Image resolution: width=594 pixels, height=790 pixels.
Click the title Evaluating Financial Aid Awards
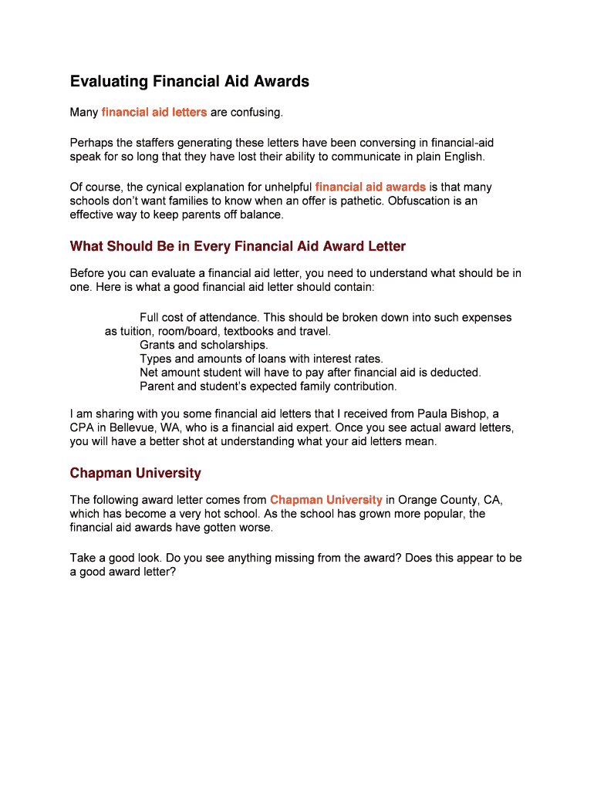(189, 81)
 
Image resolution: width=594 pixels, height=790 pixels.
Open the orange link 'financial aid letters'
(154, 113)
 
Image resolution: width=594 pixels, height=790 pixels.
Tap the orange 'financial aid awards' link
(370, 187)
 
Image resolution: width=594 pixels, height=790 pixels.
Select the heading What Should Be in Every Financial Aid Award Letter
(238, 246)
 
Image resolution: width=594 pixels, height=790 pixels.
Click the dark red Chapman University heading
(135, 473)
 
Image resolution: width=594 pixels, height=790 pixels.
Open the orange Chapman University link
(326, 499)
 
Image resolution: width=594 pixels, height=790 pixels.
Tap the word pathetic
(360, 201)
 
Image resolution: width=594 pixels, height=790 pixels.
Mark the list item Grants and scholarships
(204, 345)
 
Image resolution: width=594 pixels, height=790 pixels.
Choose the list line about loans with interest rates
(261, 359)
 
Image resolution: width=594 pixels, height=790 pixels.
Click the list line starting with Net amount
(310, 372)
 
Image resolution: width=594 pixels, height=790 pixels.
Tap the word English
(461, 157)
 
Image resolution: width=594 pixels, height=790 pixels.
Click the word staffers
(158, 143)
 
